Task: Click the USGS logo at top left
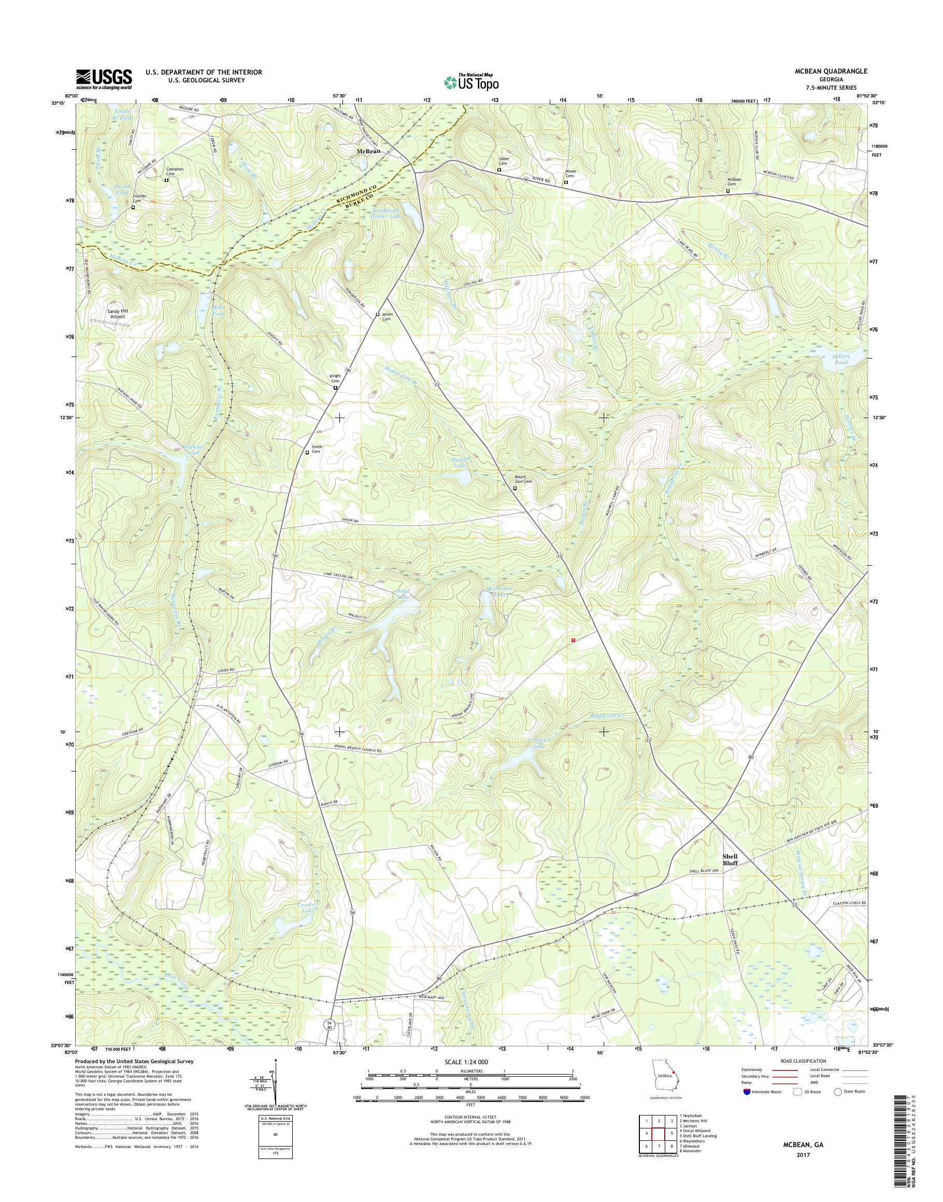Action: (x=104, y=79)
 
